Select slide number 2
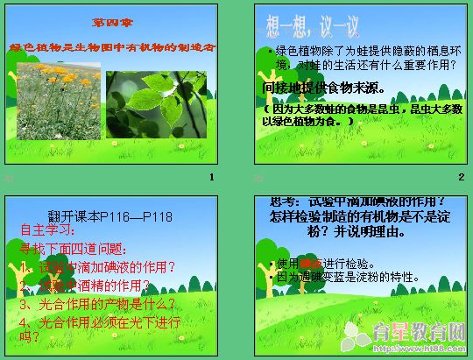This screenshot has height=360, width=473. tap(460, 178)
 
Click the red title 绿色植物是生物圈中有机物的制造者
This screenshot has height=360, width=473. tap(111, 46)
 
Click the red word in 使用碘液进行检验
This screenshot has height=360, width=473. tap(310, 263)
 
